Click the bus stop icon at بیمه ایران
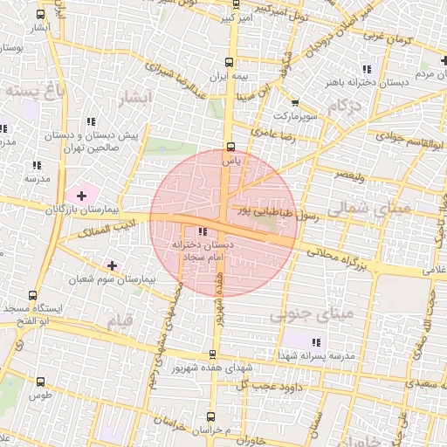pyautogui.click(x=230, y=62)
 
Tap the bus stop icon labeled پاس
pyautogui.click(x=230, y=147)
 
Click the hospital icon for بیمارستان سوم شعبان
pyautogui.click(x=112, y=265)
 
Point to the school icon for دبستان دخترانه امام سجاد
pyautogui.click(x=203, y=232)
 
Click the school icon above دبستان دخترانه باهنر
pyautogui.click(x=367, y=69)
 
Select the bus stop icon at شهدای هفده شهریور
pyautogui.click(x=212, y=354)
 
